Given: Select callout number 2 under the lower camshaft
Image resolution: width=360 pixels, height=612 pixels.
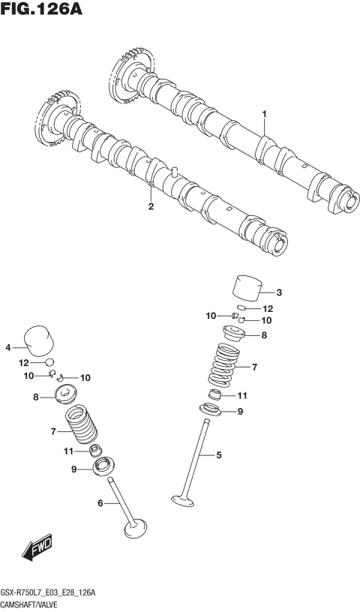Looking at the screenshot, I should coord(151,206).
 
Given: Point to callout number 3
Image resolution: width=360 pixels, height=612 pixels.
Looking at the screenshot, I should coord(279,292).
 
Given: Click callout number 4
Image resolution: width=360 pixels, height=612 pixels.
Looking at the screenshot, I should coord(8,347).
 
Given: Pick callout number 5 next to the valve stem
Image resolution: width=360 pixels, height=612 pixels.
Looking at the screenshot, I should coord(219,454).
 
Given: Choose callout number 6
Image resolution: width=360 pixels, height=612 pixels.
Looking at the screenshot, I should coord(100,503).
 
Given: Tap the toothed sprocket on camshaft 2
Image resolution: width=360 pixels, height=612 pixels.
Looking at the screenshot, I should coord(53,112).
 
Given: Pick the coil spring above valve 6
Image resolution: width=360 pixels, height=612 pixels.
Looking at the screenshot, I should coord(82,425).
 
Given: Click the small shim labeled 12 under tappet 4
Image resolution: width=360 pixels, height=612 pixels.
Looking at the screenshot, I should coord(48,362).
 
